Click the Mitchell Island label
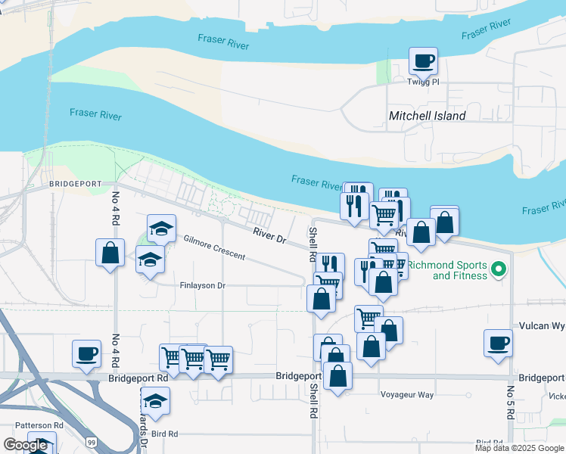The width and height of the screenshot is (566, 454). pyautogui.click(x=427, y=116)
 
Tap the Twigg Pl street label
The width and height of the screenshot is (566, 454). pyautogui.click(x=423, y=82)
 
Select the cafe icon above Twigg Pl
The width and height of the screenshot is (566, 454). pyautogui.click(x=424, y=61)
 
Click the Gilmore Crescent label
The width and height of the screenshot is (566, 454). pyautogui.click(x=214, y=247)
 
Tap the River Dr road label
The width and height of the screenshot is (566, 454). pyautogui.click(x=269, y=235)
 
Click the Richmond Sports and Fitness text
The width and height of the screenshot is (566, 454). pyautogui.click(x=446, y=270)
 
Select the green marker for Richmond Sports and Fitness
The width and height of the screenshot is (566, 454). pyautogui.click(x=498, y=269)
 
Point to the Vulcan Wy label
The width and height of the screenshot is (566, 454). pyautogui.click(x=542, y=325)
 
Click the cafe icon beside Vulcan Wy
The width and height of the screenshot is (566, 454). pyautogui.click(x=499, y=342)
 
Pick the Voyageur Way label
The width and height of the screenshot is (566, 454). pyautogui.click(x=407, y=395)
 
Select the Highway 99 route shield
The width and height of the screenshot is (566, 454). pyautogui.click(x=91, y=441)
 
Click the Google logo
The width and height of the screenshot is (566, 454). pyautogui.click(x=26, y=445)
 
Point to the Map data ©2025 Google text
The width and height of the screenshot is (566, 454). pyautogui.click(x=518, y=448)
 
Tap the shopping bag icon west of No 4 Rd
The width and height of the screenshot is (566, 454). pyautogui.click(x=110, y=252)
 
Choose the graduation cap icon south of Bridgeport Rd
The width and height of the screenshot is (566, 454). pyautogui.click(x=156, y=400)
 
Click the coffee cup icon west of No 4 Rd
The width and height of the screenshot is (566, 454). pyautogui.click(x=86, y=353)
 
